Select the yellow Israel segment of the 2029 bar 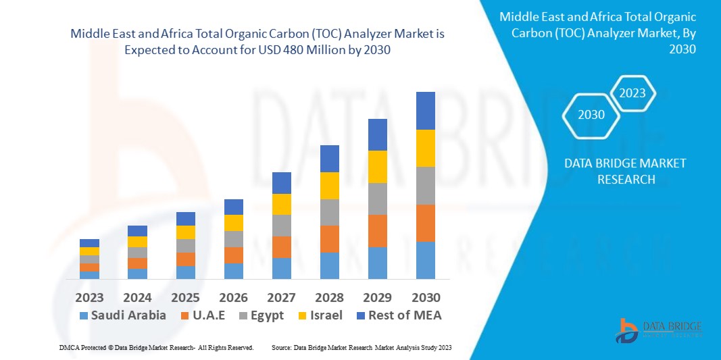coord(377,167)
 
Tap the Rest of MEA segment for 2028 coord(329,159)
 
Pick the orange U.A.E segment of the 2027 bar coord(281,247)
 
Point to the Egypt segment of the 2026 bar coord(233,239)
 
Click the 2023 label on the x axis coord(89,298)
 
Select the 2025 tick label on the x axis coord(185,298)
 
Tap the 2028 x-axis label coord(329,298)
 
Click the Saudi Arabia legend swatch coord(84,315)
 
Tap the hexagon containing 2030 coord(591,115)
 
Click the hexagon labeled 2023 coord(632,93)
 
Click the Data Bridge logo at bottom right coord(658,329)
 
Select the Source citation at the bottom coord(361,347)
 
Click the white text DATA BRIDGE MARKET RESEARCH coord(616,172)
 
